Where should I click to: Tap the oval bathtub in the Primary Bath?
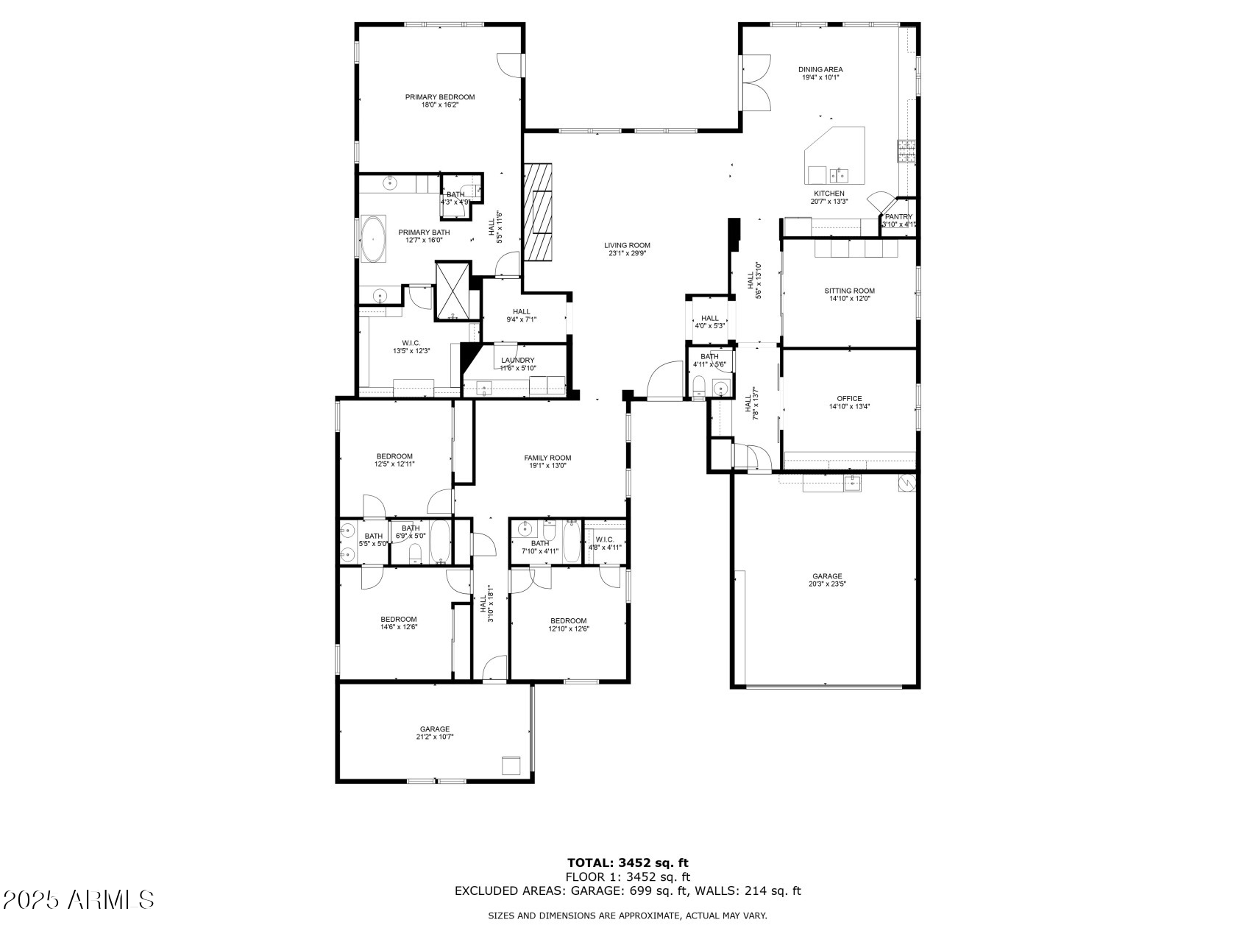tap(374, 238)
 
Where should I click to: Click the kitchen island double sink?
tap(838, 175)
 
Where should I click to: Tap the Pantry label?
tap(898, 217)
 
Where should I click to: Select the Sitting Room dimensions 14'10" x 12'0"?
tap(849, 299)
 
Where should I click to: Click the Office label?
tap(849, 399)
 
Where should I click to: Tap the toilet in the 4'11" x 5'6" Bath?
tap(700, 386)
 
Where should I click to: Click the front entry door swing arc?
tap(664, 379)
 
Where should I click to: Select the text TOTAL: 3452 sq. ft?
tap(628, 863)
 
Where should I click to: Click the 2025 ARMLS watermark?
tap(79, 899)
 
